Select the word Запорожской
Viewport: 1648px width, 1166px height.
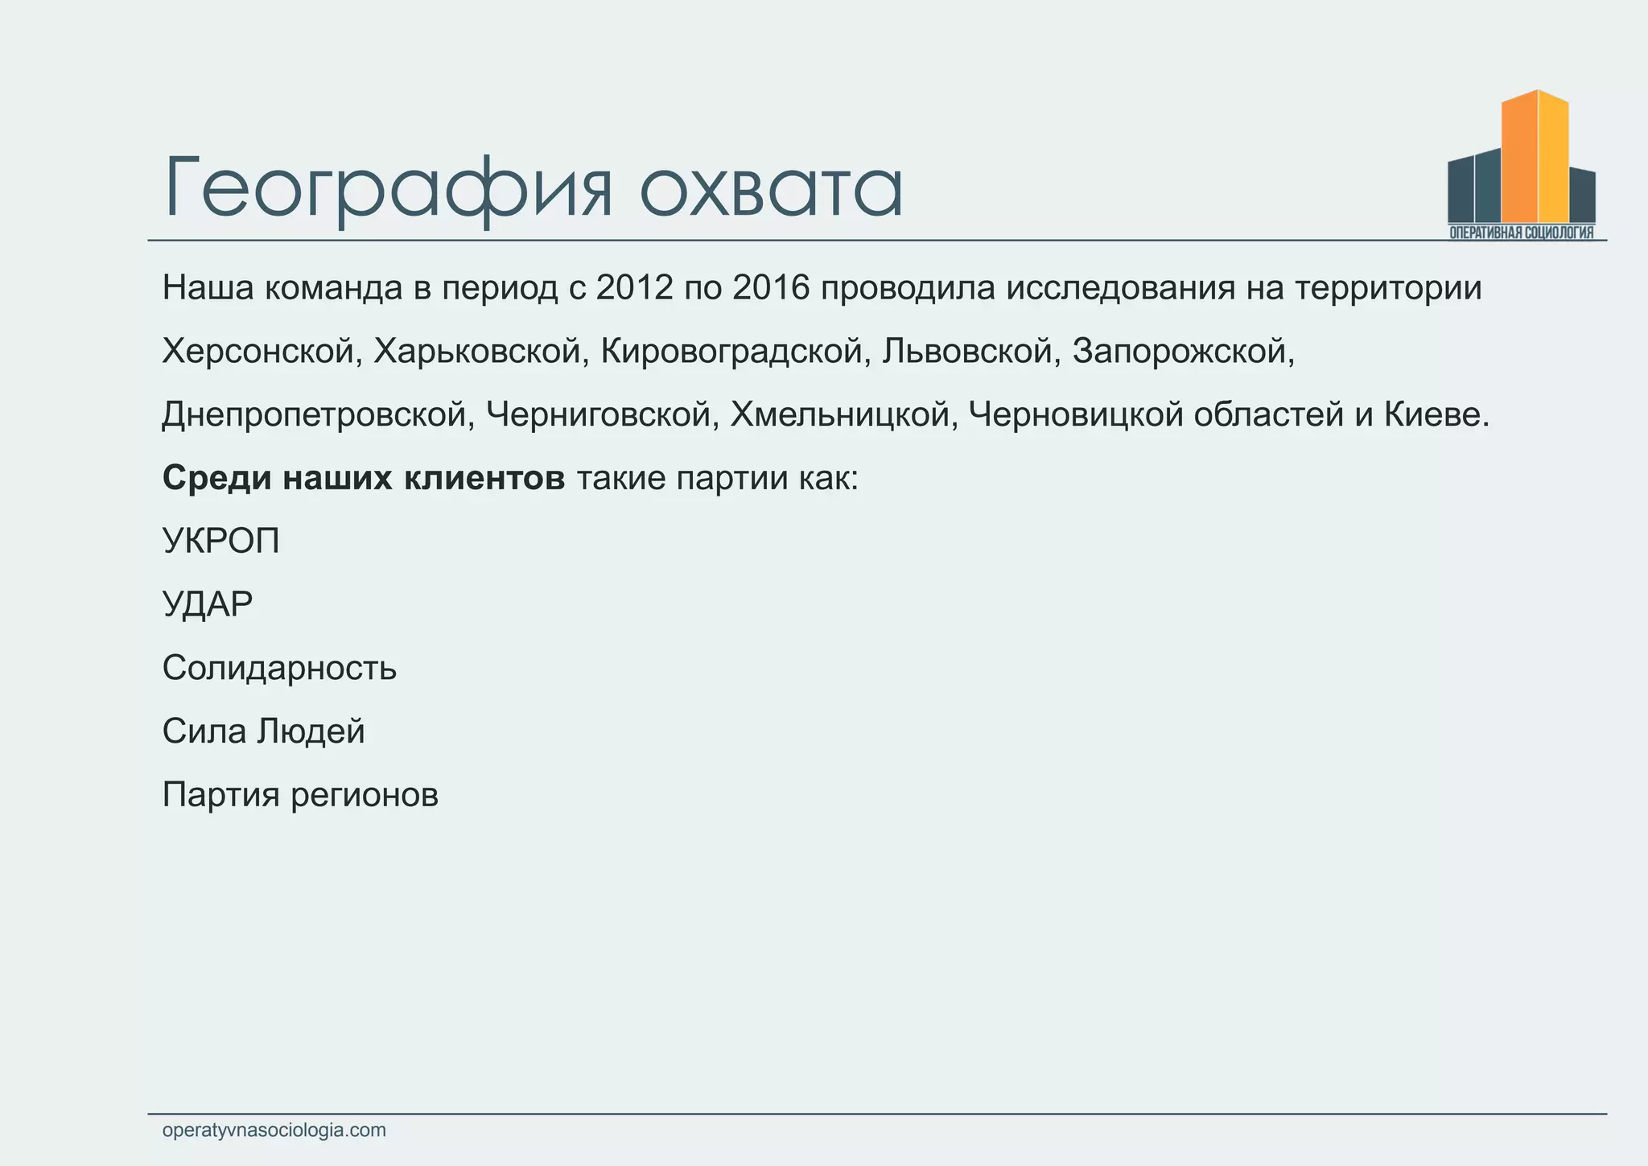pyautogui.click(x=1183, y=352)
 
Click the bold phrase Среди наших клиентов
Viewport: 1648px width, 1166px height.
pyautogui.click(x=364, y=479)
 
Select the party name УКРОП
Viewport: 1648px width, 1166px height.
pyautogui.click(x=221, y=542)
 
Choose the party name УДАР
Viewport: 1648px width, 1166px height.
pyautogui.click(x=208, y=604)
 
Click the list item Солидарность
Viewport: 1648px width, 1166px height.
pyautogui.click(x=279, y=668)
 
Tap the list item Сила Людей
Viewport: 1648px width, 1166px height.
pyautogui.click(x=263, y=731)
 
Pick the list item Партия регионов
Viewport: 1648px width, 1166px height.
pyautogui.click(x=300, y=795)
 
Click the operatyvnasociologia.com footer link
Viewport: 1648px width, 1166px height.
pyautogui.click(x=274, y=1131)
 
